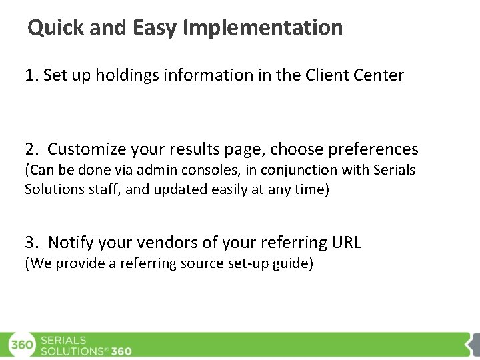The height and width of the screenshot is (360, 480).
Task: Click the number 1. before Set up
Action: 31,75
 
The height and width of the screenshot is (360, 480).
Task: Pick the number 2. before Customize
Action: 32,149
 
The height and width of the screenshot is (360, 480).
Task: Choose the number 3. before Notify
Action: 32,243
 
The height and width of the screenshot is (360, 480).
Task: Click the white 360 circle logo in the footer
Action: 21,345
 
